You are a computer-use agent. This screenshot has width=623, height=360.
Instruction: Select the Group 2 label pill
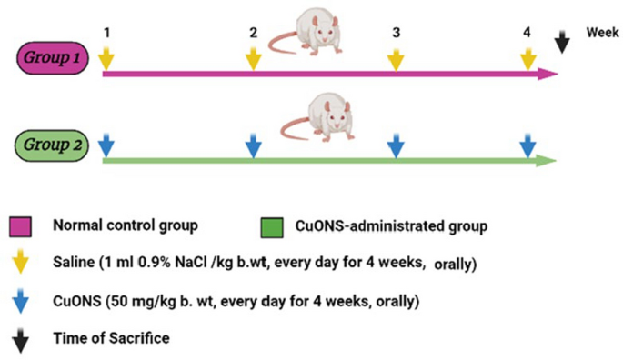[52, 144]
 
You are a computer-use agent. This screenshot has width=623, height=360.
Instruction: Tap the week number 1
[107, 33]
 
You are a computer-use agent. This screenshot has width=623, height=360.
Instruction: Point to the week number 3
[396, 33]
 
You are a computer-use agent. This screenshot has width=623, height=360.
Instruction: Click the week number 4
[528, 33]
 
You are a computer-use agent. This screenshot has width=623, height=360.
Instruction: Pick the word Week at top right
[601, 32]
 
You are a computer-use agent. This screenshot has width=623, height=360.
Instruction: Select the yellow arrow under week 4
[528, 58]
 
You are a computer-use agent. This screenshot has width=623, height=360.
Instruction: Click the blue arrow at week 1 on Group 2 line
[107, 145]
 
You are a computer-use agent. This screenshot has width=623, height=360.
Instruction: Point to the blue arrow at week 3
[396, 145]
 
